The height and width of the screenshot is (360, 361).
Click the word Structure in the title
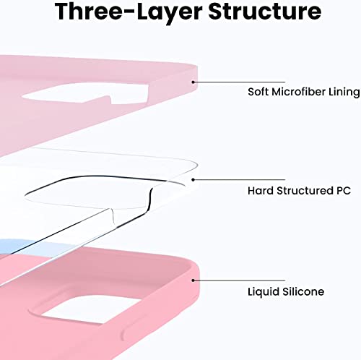[x=265, y=12]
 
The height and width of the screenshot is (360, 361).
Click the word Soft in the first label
[x=258, y=92]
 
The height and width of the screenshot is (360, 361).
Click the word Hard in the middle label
[x=261, y=191]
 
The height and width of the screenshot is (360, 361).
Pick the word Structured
[x=305, y=191]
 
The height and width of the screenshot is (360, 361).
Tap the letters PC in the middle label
[x=344, y=191]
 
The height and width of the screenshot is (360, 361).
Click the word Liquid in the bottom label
[x=264, y=292]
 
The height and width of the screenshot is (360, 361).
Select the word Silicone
[x=303, y=291]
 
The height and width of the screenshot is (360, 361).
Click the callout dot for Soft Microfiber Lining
[x=193, y=82]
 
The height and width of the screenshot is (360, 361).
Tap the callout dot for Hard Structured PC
[x=193, y=180]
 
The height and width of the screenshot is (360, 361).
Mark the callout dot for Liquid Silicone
[x=193, y=280]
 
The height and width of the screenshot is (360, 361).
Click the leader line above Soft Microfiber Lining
[x=239, y=82]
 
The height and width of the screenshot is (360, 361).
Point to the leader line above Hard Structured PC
[x=239, y=180]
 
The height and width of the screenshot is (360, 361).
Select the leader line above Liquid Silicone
[x=239, y=280]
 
